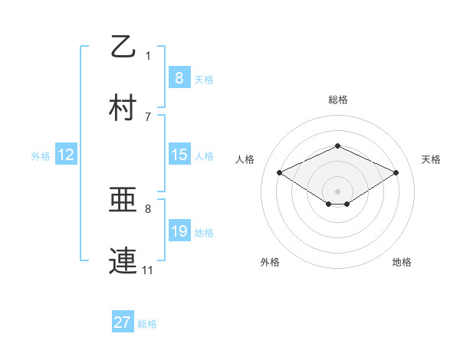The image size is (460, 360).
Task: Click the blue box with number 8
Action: (x=179, y=77)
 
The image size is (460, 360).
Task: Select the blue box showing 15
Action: (x=179, y=155)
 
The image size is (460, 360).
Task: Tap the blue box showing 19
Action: (x=179, y=231)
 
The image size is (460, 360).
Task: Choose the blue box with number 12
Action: (x=66, y=155)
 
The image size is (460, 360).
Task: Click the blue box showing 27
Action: (x=123, y=322)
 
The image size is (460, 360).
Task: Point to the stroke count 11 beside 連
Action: (x=148, y=270)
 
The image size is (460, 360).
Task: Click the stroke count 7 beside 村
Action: (x=148, y=116)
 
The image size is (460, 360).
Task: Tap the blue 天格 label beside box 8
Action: (x=204, y=79)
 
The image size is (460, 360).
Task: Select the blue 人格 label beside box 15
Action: (x=204, y=155)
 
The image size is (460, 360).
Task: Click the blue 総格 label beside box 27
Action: (x=147, y=324)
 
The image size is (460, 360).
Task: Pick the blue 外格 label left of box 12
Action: (x=41, y=155)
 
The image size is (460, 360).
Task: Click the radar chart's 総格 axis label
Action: (x=337, y=100)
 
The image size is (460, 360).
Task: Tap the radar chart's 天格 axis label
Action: (x=431, y=159)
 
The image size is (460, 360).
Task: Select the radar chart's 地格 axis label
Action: (x=402, y=262)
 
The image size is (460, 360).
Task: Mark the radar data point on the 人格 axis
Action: (x=279, y=172)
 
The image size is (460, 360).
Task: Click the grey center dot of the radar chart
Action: (x=337, y=191)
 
